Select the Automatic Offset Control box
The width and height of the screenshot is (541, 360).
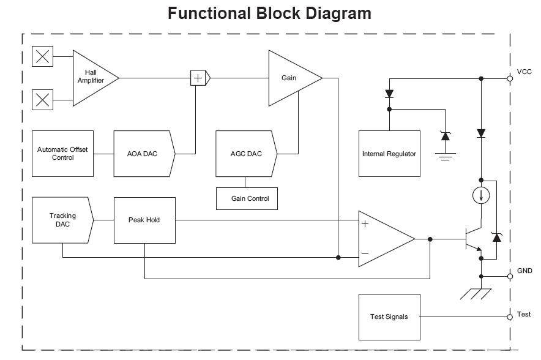coord(63,153)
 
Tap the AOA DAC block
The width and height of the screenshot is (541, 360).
coord(143,153)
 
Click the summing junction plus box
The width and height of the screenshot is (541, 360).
coord(198,78)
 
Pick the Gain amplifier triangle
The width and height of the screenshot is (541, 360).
coord(290,78)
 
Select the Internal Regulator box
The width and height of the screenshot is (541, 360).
coord(389,154)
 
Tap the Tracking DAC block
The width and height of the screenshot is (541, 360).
coord(63,220)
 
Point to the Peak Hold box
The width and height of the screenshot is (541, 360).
coord(144,220)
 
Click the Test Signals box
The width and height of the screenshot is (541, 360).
coord(389,317)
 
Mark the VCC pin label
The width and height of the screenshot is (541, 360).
coord(524,72)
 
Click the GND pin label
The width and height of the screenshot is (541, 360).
coord(524,271)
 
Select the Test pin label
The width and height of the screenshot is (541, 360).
coord(524,314)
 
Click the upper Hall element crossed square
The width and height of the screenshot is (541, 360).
coord(42,58)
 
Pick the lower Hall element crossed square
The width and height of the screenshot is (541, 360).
coord(42,98)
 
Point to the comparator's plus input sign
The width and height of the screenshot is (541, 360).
coord(365,223)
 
